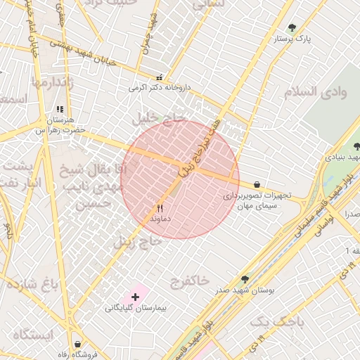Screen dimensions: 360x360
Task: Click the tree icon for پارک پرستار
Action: point(292,28)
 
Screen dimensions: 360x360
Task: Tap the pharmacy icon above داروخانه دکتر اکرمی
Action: point(160,78)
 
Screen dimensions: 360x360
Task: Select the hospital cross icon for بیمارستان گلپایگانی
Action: point(135,297)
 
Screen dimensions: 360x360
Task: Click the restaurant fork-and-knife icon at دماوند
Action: point(160,208)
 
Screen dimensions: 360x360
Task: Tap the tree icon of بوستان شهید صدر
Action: point(245,279)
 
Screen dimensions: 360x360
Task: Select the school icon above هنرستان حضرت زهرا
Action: point(60,110)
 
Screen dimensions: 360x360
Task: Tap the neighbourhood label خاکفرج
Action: point(189,281)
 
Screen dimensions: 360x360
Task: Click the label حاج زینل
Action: point(139,243)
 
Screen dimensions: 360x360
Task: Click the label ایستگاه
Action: point(32,335)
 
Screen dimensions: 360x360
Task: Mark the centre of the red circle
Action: point(180,179)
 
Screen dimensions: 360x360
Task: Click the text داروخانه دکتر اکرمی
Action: point(160,89)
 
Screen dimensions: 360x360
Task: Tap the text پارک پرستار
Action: point(313,39)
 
